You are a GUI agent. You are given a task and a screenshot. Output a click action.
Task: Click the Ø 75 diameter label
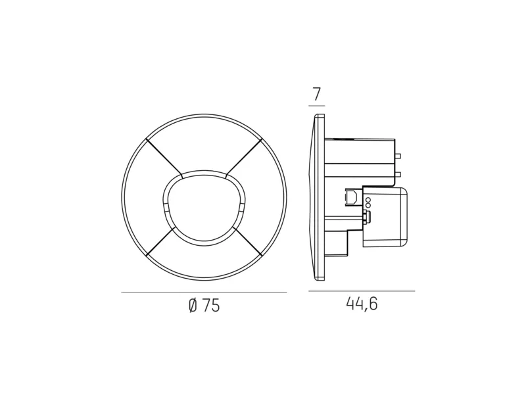[204, 306]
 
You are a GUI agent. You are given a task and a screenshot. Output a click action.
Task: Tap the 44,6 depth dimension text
[362, 304]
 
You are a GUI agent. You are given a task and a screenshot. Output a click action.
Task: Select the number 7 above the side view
[317, 95]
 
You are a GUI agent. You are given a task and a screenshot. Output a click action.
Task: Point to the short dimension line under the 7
[317, 106]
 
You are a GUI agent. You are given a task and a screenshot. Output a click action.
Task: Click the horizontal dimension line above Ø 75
[204, 292]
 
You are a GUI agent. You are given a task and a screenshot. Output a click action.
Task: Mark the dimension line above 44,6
[362, 291]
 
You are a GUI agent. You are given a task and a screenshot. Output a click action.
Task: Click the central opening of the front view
[204, 208]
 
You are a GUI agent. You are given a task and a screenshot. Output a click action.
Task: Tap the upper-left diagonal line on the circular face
[164, 157]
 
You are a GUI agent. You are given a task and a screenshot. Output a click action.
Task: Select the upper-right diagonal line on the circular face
[244, 157]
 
